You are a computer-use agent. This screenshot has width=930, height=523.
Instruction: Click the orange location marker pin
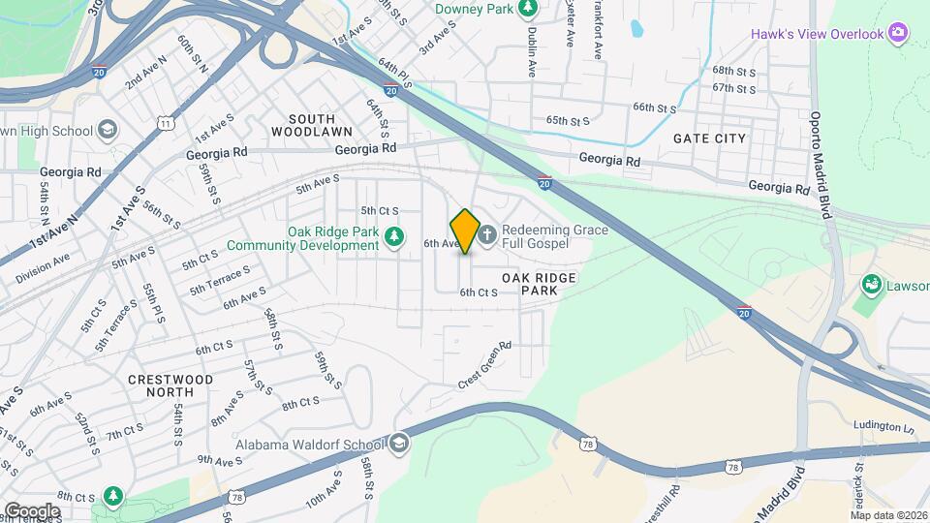tap(465, 231)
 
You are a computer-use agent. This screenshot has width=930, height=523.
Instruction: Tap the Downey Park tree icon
tap(527, 10)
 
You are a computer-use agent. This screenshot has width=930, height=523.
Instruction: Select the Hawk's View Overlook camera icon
tap(898, 35)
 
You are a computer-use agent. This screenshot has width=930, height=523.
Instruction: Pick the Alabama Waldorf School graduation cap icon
tap(398, 445)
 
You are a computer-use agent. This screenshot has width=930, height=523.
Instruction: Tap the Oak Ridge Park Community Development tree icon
tap(393, 236)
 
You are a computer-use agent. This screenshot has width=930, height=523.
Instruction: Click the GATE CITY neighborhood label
tap(710, 138)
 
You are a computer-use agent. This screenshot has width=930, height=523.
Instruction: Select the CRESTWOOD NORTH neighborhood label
tap(163, 385)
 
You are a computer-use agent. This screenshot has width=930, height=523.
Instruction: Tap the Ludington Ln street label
tap(883, 426)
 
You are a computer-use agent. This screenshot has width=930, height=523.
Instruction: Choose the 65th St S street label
tap(568, 121)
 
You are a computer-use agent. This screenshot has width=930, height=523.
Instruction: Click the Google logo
tap(32, 510)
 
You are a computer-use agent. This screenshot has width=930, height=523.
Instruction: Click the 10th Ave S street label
tap(323, 488)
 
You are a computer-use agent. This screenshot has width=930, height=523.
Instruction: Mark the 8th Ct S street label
tap(300, 401)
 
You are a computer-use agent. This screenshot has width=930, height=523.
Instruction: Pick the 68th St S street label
tap(733, 71)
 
